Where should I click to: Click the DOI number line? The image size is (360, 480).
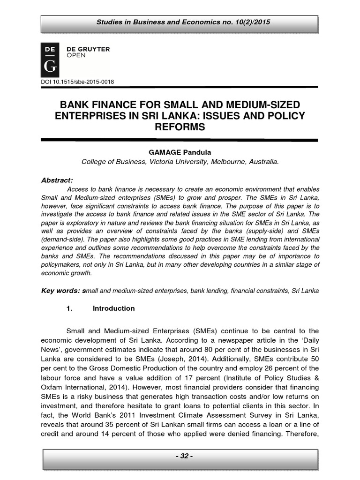coord(78,82)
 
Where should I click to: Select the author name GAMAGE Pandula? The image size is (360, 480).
coord(180,152)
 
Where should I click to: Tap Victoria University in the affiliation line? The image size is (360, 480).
coord(172,162)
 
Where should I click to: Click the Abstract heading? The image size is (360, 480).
coord(57,180)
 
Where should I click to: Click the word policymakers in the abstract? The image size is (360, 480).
coord(64,265)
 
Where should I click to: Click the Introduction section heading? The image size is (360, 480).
coord(114,308)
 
